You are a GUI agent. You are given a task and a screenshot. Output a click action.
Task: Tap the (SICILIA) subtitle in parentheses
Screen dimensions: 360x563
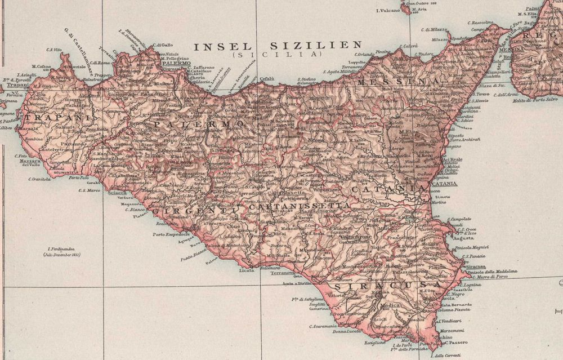click(275, 55)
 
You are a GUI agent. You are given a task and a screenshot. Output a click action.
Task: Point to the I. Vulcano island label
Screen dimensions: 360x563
click(387, 10)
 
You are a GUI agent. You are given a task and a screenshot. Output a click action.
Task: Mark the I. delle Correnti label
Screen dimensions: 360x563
click(443, 355)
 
